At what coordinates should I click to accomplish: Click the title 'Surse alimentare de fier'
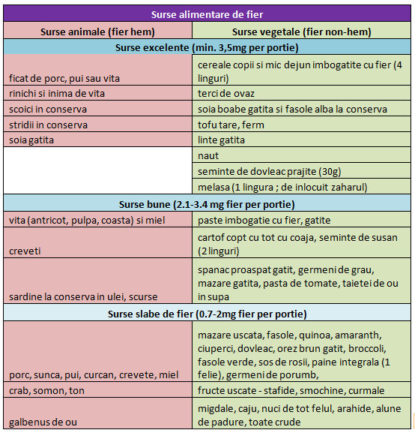pos(207,14)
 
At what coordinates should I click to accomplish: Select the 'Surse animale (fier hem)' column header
pos(97,32)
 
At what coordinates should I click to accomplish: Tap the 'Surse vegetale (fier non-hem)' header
pos(301,32)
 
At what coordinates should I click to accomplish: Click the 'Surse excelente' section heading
pos(207,48)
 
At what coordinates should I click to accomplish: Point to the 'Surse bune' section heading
pos(207,205)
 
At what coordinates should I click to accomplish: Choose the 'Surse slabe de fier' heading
pos(207,314)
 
